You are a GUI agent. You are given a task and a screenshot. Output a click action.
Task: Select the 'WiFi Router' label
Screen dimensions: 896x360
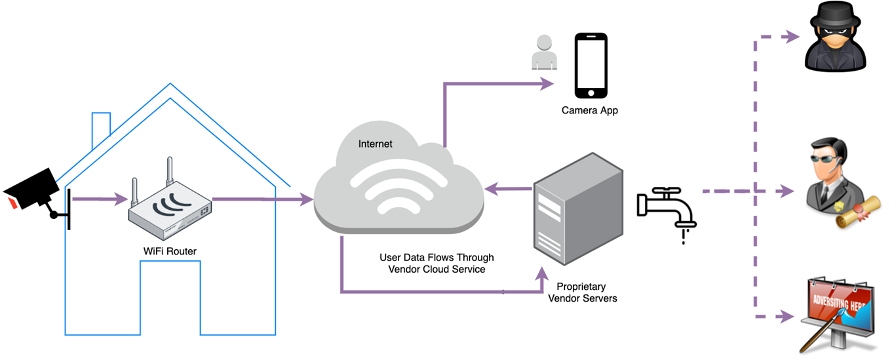(x=170, y=251)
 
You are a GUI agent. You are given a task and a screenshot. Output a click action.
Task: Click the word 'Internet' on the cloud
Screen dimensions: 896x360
(x=375, y=144)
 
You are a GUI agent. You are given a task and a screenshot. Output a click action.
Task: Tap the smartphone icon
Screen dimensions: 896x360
(x=591, y=66)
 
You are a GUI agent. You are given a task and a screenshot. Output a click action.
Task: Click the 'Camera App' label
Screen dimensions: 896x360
(x=590, y=110)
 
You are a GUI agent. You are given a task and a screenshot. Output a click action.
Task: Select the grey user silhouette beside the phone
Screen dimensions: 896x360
(x=544, y=52)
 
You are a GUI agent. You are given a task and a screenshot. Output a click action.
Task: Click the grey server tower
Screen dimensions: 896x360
(x=578, y=209)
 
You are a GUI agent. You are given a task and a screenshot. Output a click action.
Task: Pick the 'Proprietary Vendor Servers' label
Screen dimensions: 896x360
(x=583, y=292)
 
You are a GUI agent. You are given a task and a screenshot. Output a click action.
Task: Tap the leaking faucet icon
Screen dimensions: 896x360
(x=667, y=212)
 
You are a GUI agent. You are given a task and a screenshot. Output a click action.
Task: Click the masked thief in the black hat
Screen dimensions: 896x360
(x=835, y=37)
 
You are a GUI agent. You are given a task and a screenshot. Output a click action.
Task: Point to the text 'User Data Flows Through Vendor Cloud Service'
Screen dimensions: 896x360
(x=437, y=263)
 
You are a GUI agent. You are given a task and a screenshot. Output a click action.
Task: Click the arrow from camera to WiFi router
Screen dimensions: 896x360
(x=100, y=199)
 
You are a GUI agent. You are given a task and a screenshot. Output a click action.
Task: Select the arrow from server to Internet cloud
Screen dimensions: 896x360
(x=509, y=188)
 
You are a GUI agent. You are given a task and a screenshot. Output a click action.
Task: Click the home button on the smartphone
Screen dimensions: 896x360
(x=591, y=93)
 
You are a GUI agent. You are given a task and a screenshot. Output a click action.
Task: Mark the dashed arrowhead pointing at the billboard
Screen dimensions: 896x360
(x=786, y=317)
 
